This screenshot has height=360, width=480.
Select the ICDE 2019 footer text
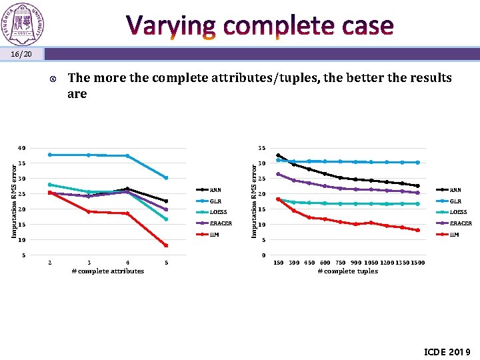point(447,351)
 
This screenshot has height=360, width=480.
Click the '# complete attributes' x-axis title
point(107,271)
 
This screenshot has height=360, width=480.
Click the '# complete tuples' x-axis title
point(347,271)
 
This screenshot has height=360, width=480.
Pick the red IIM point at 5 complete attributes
point(166,245)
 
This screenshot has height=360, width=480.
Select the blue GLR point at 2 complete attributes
point(50,155)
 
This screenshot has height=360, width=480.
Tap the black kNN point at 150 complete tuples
point(278,155)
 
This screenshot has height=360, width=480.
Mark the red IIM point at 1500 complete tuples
point(417,230)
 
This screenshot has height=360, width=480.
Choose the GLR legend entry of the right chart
point(455,201)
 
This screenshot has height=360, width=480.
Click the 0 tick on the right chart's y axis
point(265,255)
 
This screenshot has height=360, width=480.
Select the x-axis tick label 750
point(340,263)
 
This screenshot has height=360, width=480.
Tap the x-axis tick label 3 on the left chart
point(89,263)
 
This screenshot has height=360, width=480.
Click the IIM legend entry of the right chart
point(455,235)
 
